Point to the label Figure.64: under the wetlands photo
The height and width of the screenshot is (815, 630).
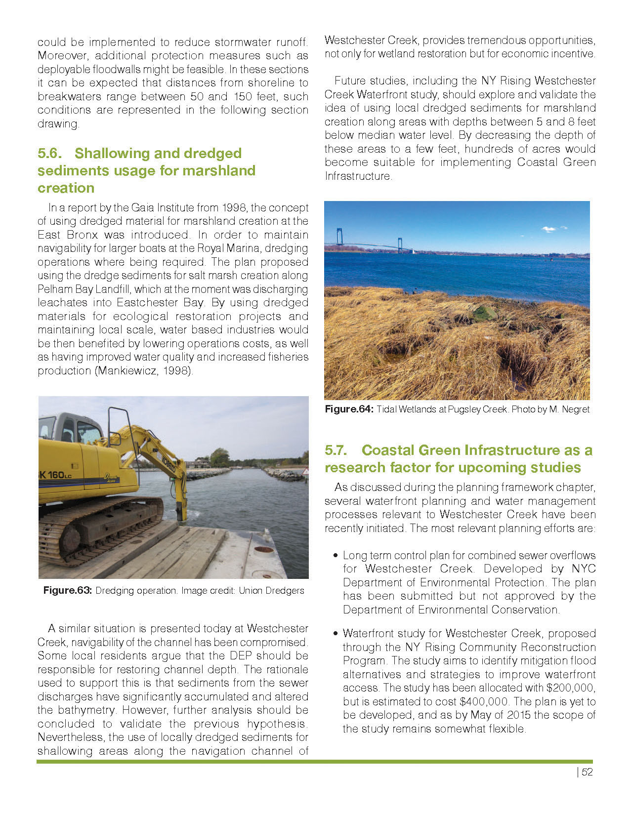point(349,409)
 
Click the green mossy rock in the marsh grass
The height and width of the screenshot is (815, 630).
point(484,313)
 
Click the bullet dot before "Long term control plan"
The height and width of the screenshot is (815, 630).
point(336,556)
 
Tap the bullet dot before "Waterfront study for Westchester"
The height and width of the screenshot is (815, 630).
point(336,634)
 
